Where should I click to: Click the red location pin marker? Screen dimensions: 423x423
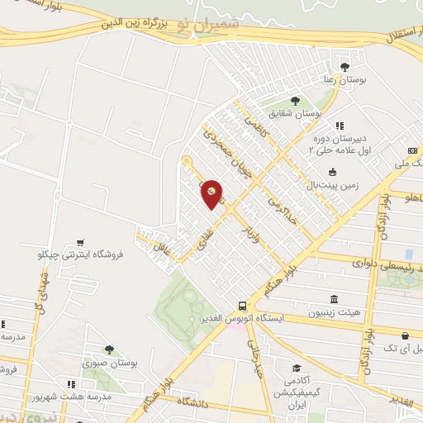(212, 193)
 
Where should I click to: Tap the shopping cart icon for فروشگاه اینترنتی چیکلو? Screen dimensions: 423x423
(79, 243)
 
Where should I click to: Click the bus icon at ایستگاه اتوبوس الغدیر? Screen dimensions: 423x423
(241, 305)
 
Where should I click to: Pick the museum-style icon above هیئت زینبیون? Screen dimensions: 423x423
(334, 299)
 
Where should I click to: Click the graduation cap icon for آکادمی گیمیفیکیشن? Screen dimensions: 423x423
(296, 368)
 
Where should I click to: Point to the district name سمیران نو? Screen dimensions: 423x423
(215, 26)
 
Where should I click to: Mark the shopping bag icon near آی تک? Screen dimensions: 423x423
(405, 335)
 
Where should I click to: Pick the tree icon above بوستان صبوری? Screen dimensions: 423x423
(108, 349)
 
